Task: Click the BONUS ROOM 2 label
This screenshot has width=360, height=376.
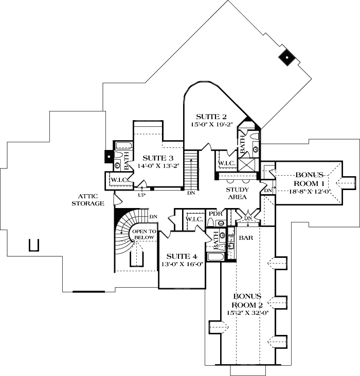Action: pyautogui.click(x=248, y=300)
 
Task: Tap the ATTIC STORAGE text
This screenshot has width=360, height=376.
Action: pyautogui.click(x=92, y=199)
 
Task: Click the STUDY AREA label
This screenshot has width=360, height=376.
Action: pyautogui.click(x=238, y=193)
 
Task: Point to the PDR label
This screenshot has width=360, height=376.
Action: pyautogui.click(x=215, y=214)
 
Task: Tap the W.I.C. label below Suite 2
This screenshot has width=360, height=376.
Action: pyautogui.click(x=227, y=163)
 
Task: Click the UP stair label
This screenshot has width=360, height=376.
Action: pyautogui.click(x=141, y=195)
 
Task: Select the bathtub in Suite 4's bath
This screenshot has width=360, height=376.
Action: pyautogui.click(x=214, y=257)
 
